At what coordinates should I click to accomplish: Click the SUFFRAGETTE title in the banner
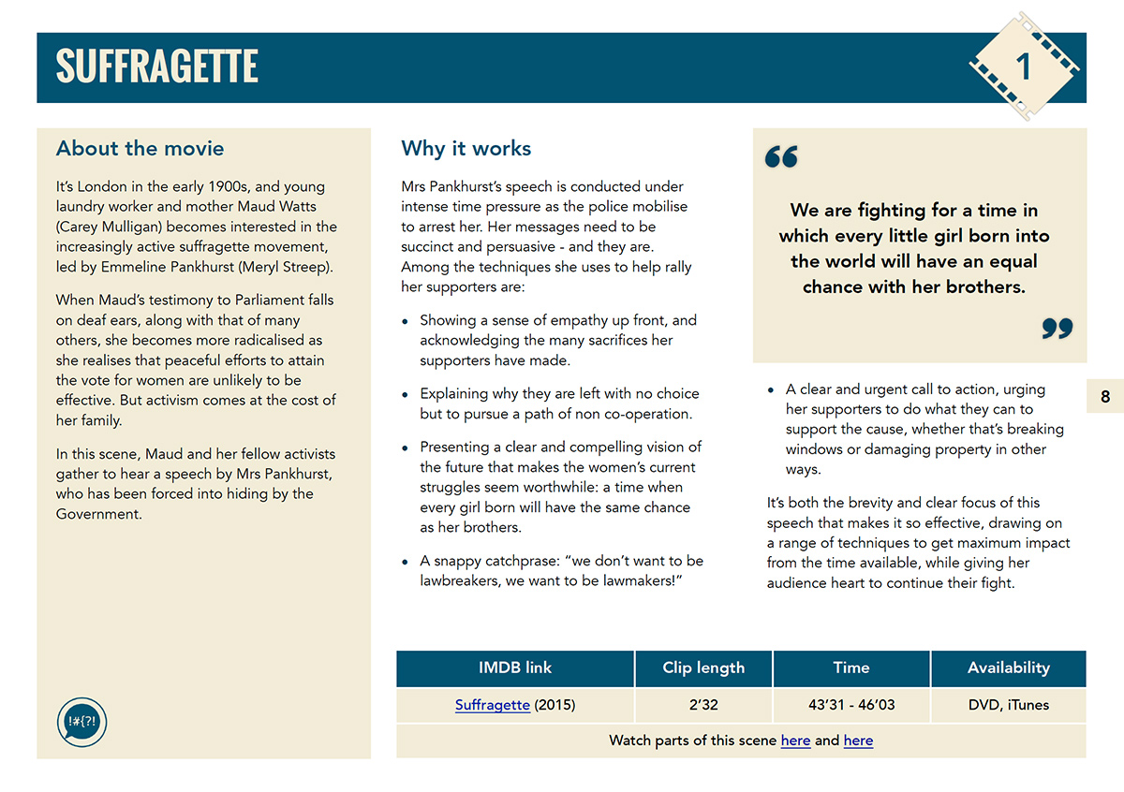tap(156, 66)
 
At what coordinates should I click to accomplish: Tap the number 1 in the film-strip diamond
tap(1024, 66)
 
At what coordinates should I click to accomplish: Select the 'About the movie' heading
tap(140, 148)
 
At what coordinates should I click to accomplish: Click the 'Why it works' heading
tap(466, 148)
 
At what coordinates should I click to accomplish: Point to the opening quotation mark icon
tap(781, 157)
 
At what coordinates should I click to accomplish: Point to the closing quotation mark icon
tap(1057, 329)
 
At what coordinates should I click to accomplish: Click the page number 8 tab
tap(1105, 397)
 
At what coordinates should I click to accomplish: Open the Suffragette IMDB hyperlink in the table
tap(493, 705)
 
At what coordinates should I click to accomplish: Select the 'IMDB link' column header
tap(515, 667)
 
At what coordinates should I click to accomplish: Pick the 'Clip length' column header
tap(703, 667)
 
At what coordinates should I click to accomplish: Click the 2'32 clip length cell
tap(703, 705)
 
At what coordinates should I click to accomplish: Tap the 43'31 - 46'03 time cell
tap(851, 705)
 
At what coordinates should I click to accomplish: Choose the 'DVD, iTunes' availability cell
tap(1009, 705)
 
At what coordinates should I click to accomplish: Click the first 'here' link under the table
tap(795, 741)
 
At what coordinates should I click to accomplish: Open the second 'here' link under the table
tap(858, 741)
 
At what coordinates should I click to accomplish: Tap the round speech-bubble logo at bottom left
tap(81, 722)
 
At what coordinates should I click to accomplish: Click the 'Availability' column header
tap(1009, 667)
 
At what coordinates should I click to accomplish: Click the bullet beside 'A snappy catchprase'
tap(405, 563)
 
